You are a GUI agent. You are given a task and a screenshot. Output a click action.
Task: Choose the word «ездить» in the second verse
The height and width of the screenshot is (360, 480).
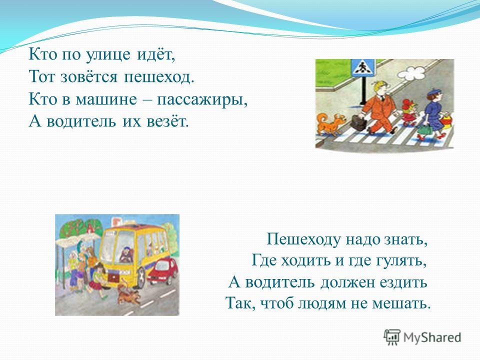(x=403, y=282)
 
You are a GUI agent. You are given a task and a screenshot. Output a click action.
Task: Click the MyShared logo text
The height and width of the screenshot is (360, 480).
(x=432, y=337)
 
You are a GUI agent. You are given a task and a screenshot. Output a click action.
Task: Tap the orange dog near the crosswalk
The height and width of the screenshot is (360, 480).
(x=330, y=123)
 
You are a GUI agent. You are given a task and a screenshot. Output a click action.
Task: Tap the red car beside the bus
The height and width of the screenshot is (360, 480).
(x=162, y=270)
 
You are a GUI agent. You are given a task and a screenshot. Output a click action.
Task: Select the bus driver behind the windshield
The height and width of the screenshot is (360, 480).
(x=125, y=254)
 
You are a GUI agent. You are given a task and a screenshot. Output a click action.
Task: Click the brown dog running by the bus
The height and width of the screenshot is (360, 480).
(x=128, y=294)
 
